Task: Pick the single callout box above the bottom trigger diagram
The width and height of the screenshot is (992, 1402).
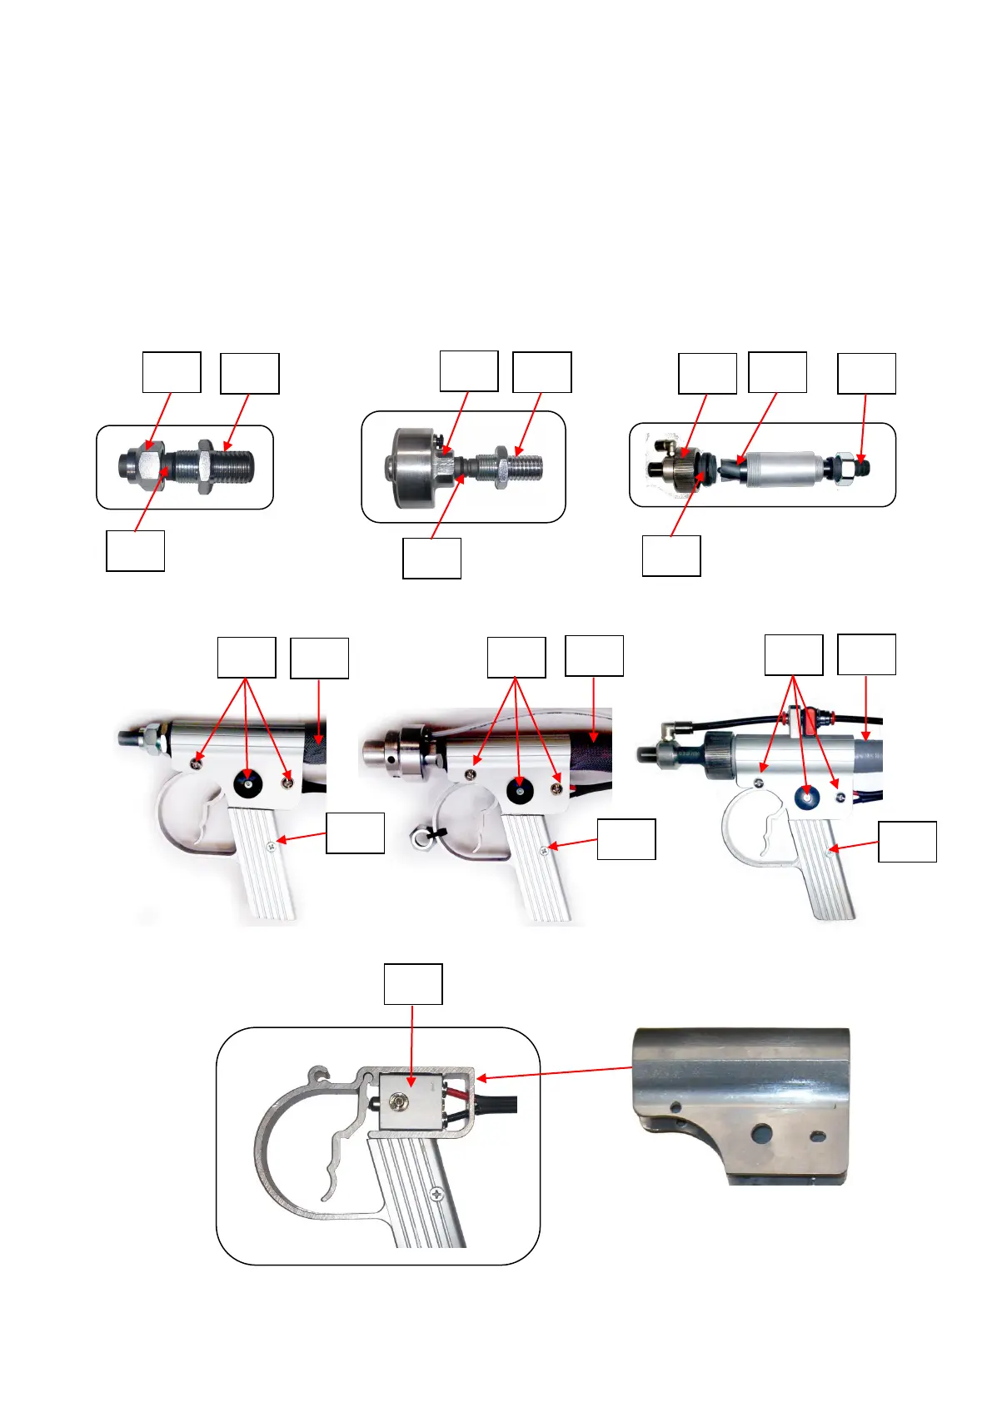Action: [x=412, y=984]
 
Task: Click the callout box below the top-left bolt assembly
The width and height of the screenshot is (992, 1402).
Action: [x=135, y=551]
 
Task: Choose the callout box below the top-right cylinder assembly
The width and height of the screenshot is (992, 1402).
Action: [x=670, y=556]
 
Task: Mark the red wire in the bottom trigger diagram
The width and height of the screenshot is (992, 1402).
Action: [x=456, y=1088]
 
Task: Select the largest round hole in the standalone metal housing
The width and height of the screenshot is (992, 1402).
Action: [x=761, y=1132]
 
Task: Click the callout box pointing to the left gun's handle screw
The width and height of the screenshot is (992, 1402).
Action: [x=355, y=833]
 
